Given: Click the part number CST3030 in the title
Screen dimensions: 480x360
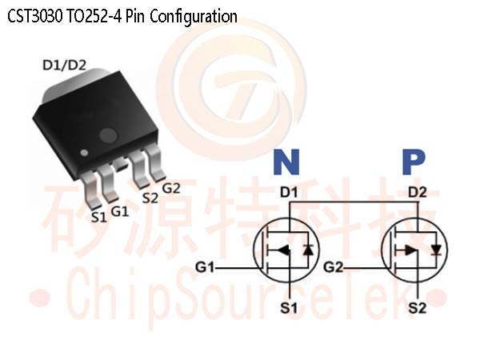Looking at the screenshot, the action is pos(35,16).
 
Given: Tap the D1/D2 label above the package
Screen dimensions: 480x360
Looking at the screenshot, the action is pos(64,66).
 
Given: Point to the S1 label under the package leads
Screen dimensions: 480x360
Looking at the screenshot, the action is pos(99,218).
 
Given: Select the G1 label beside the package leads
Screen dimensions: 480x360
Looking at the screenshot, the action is pos(120,211).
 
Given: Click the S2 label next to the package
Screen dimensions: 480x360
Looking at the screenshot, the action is pos(150,198).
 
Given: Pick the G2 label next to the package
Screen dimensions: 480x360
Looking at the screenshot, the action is pos(171,188).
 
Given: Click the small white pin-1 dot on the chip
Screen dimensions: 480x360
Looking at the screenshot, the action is pos(84,153).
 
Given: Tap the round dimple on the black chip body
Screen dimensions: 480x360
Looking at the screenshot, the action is pos(108,135).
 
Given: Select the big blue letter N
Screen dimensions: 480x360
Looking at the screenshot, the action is pos(286,162).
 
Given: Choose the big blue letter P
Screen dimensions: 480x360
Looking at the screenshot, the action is pos(414,162).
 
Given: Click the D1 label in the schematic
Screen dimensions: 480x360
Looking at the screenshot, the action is pos(289,193).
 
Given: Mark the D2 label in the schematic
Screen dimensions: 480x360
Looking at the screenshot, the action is pos(418,193).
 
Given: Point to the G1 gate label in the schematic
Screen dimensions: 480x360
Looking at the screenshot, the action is pos(205,267).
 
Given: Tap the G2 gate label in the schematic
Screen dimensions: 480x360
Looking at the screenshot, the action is pos(334,267).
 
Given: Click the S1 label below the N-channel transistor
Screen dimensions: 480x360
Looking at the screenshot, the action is pos(289,308).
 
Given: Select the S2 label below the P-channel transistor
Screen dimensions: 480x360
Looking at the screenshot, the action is pos(418,308).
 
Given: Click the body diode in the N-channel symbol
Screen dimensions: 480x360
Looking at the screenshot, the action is pos(308,250).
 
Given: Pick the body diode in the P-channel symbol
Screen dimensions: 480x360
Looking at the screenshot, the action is pos(436,250).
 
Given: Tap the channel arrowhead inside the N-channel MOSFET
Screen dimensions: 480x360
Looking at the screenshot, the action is pos(283,250).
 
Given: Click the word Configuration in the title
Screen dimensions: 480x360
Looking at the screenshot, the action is pos(194,17).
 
